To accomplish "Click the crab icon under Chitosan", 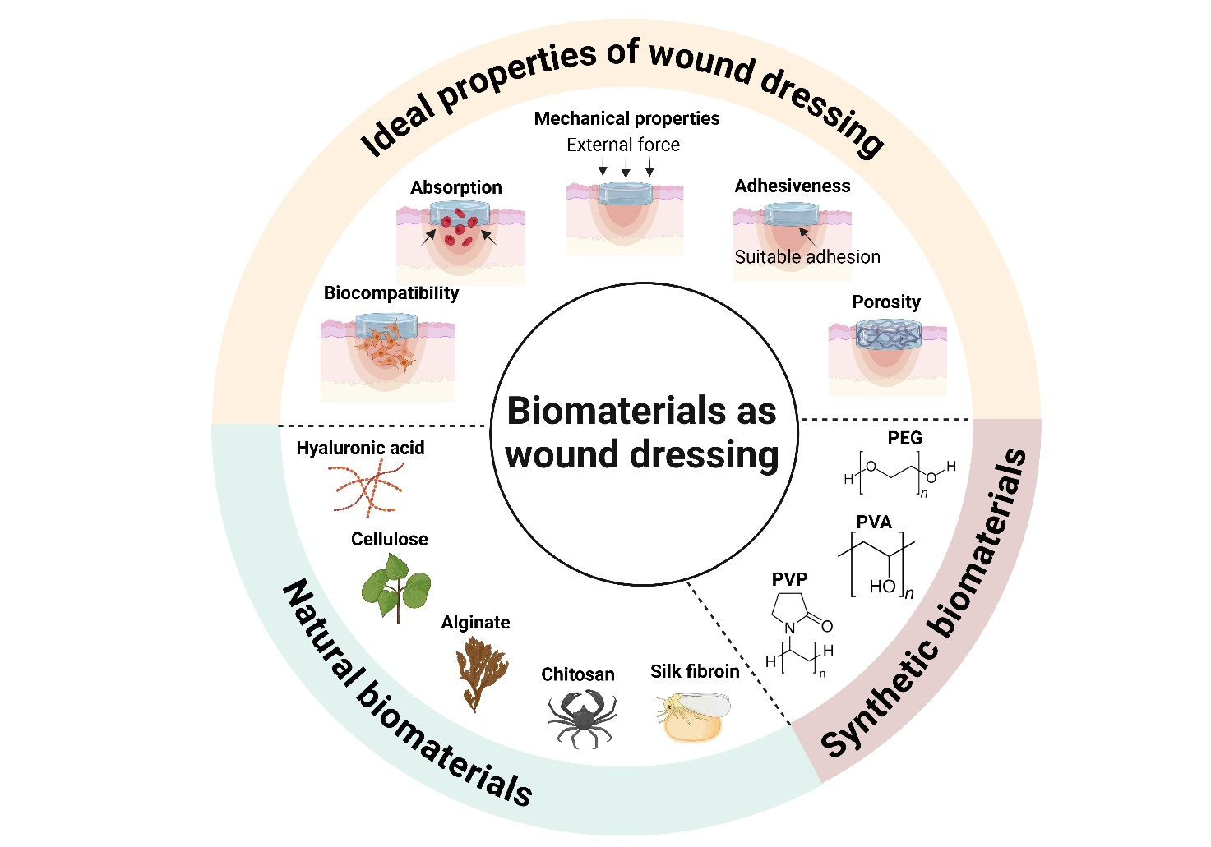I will [582, 718].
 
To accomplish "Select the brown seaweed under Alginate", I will [481, 674].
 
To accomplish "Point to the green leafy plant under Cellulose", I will [396, 587].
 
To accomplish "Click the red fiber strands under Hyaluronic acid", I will [368, 489].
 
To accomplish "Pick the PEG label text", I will [904, 438].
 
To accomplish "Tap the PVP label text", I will [789, 579].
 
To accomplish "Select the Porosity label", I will [885, 302].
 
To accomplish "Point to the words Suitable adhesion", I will [807, 257].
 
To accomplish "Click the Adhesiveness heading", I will [793, 186].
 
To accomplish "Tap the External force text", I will [623, 145].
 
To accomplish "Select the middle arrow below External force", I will [626, 168].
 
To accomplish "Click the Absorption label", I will [456, 187].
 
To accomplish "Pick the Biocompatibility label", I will [391, 292].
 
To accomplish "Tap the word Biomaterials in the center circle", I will [603, 411].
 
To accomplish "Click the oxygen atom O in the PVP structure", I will [827, 626].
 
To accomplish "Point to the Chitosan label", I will [578, 674].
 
